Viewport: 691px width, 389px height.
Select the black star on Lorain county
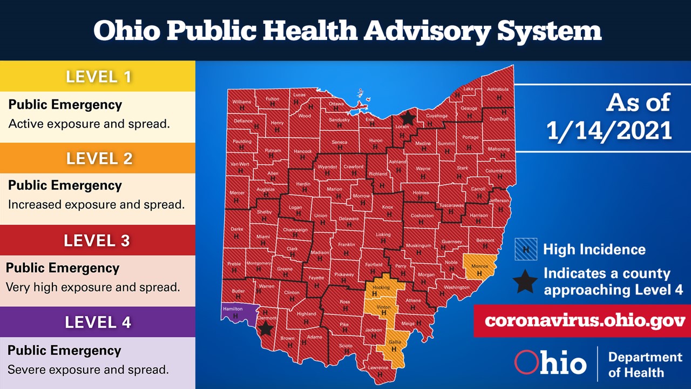tap(408, 118)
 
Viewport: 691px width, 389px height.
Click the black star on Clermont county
tap(266, 328)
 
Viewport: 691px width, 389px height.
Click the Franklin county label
tap(346, 245)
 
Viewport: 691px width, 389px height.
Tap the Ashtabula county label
tap(498, 89)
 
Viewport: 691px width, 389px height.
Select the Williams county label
tap(241, 102)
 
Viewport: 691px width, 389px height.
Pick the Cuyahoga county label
tap(436, 116)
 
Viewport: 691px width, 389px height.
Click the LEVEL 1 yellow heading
tap(98, 76)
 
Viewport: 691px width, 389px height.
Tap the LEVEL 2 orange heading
tap(98, 158)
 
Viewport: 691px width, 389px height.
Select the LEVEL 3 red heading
tap(98, 240)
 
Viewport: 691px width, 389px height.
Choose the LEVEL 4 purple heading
tap(98, 323)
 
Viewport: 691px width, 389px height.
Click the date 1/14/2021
tap(609, 131)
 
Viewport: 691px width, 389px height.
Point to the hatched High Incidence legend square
tap(526, 249)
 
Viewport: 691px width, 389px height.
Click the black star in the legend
tap(526, 281)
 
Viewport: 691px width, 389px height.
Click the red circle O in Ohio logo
tap(526, 363)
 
